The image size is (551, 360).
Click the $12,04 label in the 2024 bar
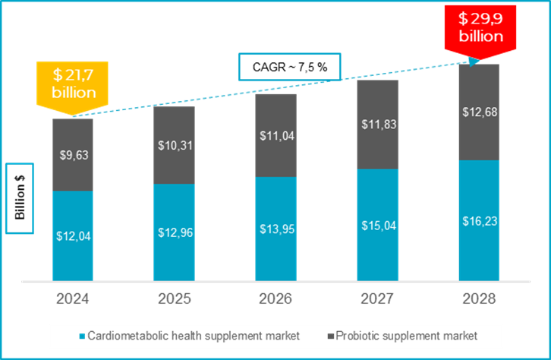tap(73, 235)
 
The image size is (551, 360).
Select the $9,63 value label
tap(73, 155)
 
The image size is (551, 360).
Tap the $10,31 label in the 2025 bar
tap(174, 145)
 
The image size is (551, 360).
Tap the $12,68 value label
tap(479, 112)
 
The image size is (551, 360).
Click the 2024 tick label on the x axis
tap(73, 298)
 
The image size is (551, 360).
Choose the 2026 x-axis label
tap(275, 298)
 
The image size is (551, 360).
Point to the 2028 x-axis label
tap(479, 298)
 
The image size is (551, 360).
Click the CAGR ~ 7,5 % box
tap(290, 67)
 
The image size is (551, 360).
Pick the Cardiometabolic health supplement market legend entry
tap(190, 335)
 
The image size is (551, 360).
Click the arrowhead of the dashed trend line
tap(474, 62)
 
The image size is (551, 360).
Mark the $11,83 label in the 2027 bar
tap(377, 124)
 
